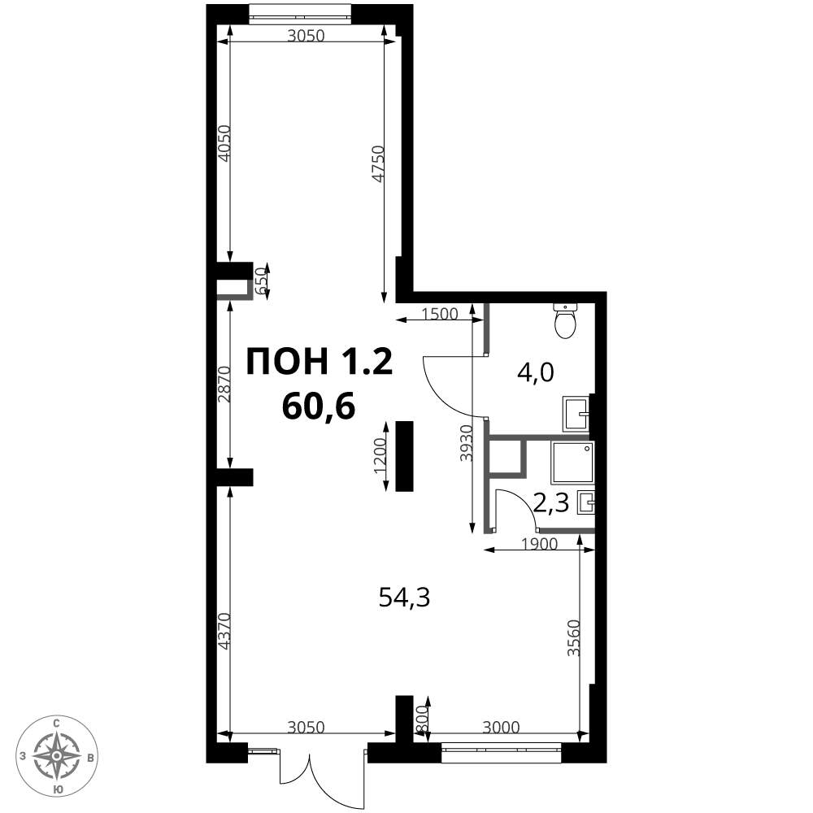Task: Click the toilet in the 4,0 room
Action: [565, 321]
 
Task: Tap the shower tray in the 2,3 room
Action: [572, 463]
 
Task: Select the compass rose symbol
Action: [56, 756]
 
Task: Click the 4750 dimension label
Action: [380, 164]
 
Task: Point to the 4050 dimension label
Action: [224, 144]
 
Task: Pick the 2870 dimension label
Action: [224, 385]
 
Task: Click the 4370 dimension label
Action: [224, 632]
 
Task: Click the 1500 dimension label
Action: [440, 314]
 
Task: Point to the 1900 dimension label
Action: [539, 544]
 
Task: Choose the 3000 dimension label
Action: [501, 728]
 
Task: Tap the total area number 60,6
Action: [319, 406]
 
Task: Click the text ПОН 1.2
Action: [320, 361]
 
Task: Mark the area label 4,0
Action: [536, 372]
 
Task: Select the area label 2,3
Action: [552, 502]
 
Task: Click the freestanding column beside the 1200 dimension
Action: [404, 456]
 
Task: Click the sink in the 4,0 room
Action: [576, 414]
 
